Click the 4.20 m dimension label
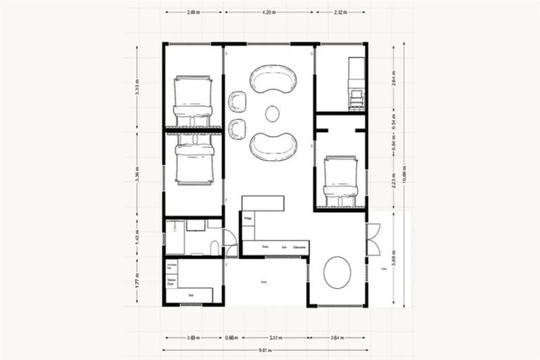pyautogui.click(x=268, y=13)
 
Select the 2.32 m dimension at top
pyautogui.click(x=340, y=13)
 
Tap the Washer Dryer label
pyautogui.click(x=171, y=280)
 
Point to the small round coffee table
pyautogui.click(x=271, y=112)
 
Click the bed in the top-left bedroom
pyautogui.click(x=192, y=101)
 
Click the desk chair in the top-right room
pyautogui.click(x=358, y=98)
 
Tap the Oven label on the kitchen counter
pyautogui.click(x=265, y=247)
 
